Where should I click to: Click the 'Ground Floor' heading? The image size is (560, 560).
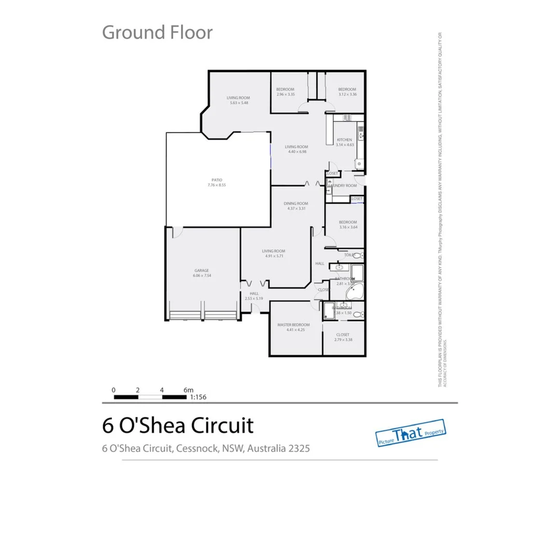tap(157, 32)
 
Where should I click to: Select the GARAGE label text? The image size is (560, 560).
tap(202, 271)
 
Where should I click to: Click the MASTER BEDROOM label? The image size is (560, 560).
tap(293, 325)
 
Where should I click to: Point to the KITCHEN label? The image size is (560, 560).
tap(344, 140)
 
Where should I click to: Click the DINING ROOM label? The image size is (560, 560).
tap(296, 203)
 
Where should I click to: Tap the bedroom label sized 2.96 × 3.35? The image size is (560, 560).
tap(285, 89)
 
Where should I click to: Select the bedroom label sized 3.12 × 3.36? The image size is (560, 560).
tap(347, 89)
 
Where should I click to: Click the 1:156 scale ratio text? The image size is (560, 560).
tap(198, 397)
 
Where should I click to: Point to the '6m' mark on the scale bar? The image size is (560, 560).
tap(188, 389)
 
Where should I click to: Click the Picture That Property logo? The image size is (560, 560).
tap(410, 432)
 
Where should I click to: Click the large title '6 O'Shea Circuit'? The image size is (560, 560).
tap(178, 425)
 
